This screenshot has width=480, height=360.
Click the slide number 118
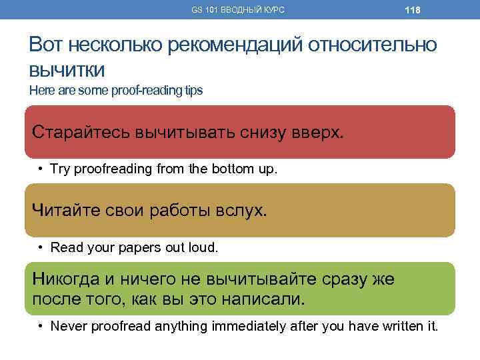click(x=412, y=10)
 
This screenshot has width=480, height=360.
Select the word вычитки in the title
click(x=68, y=70)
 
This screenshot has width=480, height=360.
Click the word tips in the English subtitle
click(x=191, y=90)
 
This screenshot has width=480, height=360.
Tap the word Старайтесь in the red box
click(x=81, y=131)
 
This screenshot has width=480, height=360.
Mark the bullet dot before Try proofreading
click(x=41, y=169)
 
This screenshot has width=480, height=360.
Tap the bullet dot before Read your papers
click(x=41, y=247)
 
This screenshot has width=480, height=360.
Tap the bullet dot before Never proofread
click(x=41, y=326)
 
